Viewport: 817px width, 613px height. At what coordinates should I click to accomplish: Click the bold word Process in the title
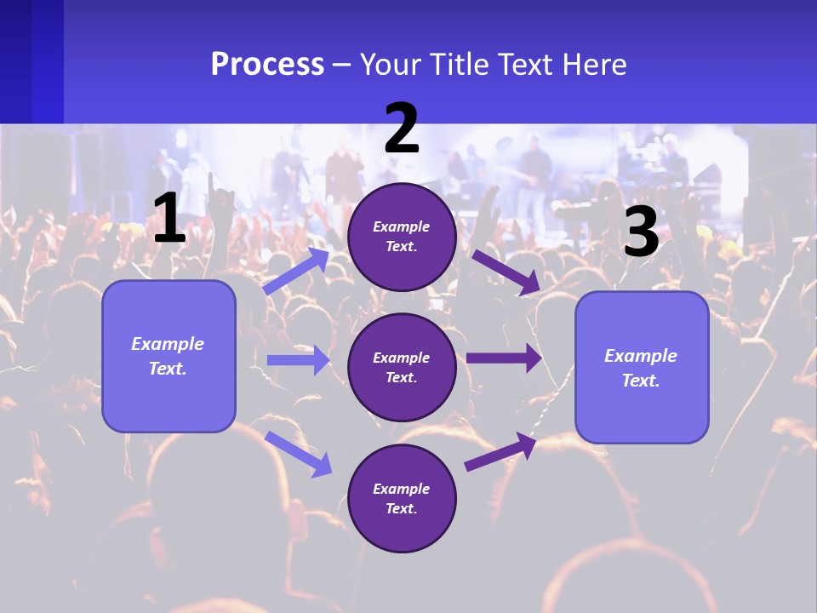pyautogui.click(x=267, y=65)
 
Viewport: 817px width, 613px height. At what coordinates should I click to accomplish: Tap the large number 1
pyautogui.click(x=169, y=220)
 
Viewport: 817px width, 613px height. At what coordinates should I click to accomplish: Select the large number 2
pyautogui.click(x=402, y=129)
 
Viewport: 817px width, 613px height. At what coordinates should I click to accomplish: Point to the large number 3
pyautogui.click(x=641, y=232)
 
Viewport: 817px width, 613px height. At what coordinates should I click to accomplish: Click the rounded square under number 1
pyautogui.click(x=169, y=356)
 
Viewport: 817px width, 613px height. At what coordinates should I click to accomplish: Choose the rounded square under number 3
pyautogui.click(x=642, y=367)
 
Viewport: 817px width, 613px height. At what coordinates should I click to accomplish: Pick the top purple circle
pyautogui.click(x=402, y=237)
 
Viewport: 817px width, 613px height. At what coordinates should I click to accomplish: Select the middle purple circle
pyautogui.click(x=402, y=367)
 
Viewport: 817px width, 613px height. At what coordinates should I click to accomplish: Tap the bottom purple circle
pyautogui.click(x=402, y=498)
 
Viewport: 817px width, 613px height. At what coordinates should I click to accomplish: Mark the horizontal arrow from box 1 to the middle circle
pyautogui.click(x=298, y=360)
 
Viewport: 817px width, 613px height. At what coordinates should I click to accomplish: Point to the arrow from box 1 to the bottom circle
pyautogui.click(x=299, y=454)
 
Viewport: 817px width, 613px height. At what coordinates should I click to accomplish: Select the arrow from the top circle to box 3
pyautogui.click(x=506, y=272)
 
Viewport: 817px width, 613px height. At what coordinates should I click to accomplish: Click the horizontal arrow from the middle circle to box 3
pyautogui.click(x=504, y=358)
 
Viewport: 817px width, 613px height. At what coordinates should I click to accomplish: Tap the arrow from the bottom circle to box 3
pyautogui.click(x=500, y=450)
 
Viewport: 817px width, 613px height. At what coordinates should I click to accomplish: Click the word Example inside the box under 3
pyautogui.click(x=641, y=356)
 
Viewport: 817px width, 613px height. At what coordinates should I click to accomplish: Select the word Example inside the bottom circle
pyautogui.click(x=402, y=489)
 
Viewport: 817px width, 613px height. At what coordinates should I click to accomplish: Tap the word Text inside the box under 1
pyautogui.click(x=167, y=369)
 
